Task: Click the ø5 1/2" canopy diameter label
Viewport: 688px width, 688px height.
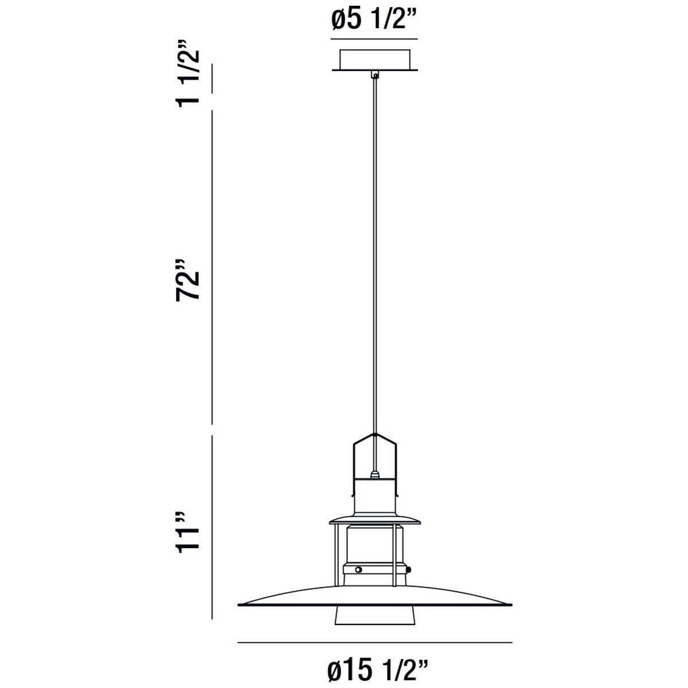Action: click(373, 21)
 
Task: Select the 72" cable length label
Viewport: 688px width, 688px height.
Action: click(188, 279)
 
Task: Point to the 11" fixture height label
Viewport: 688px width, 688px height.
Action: click(188, 530)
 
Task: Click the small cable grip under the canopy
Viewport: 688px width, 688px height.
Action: click(375, 75)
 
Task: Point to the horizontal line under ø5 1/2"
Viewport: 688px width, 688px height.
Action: click(373, 39)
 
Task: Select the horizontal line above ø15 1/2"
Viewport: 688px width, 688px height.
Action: click(374, 642)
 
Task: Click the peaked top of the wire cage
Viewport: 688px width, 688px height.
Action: click(375, 436)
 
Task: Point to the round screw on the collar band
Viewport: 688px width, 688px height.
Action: click(358, 569)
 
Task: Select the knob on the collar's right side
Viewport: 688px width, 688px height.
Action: click(411, 569)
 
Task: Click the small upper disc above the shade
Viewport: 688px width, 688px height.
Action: click(375, 520)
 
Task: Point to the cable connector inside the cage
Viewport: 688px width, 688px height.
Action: click(375, 474)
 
